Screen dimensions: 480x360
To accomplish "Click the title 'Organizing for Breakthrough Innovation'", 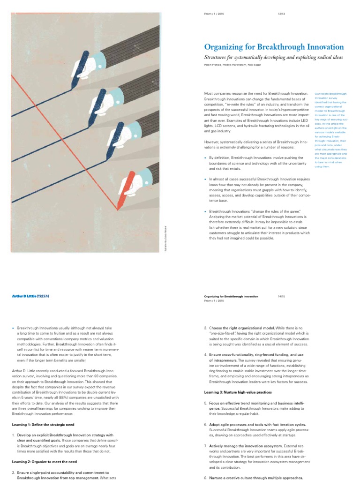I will coord(274,47).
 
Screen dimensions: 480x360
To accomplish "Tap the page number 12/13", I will coord(281,14).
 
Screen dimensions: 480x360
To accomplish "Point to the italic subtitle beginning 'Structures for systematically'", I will coord(274,57).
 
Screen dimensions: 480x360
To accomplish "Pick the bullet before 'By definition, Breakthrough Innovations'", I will coord(205,158).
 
